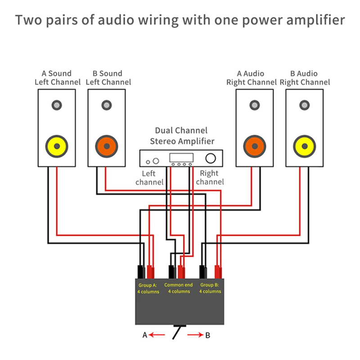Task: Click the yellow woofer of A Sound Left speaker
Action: pos(57,147)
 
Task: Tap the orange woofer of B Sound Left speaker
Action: pos(107,147)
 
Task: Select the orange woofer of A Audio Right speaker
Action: pos(255,147)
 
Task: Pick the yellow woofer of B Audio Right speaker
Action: pos(304,147)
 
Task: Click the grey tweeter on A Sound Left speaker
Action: pos(57,105)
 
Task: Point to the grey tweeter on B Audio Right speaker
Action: pos(304,105)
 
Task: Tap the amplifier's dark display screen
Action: pos(181,157)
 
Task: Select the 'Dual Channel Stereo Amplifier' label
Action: pos(181,136)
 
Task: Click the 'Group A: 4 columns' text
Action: pos(148,288)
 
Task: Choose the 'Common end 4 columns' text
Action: pos(179,288)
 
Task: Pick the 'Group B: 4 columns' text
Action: pos(210,288)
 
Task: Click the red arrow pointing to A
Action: pos(157,335)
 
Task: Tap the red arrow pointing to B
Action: pos(194,335)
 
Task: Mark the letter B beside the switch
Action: pos(208,335)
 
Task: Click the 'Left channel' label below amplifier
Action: pos(149,178)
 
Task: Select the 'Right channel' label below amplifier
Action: pos(209,178)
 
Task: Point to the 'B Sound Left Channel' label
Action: pos(108,78)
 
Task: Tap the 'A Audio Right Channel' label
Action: pos(251,78)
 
